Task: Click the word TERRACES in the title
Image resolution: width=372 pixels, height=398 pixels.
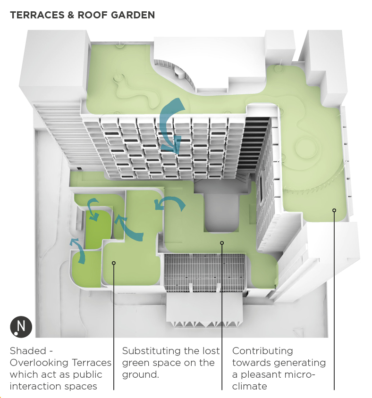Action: pyautogui.click(x=37, y=15)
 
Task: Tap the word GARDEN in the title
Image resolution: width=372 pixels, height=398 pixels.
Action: pyautogui.click(x=133, y=15)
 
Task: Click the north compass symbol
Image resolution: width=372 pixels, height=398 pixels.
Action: pyautogui.click(x=21, y=327)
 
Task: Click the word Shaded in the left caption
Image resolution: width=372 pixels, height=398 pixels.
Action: pyautogui.click(x=28, y=351)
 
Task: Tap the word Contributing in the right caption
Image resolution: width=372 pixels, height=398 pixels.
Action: pyautogui.click(x=262, y=351)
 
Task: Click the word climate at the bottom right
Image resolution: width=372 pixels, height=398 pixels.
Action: pyautogui.click(x=250, y=386)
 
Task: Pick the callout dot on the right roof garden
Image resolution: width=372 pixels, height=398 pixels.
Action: pyautogui.click(x=334, y=210)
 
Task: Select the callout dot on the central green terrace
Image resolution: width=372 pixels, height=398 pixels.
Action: pyautogui.click(x=222, y=243)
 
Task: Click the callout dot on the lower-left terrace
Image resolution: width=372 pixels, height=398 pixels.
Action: pyautogui.click(x=114, y=263)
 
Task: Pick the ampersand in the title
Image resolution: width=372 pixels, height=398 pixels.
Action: pyautogui.click(x=71, y=15)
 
